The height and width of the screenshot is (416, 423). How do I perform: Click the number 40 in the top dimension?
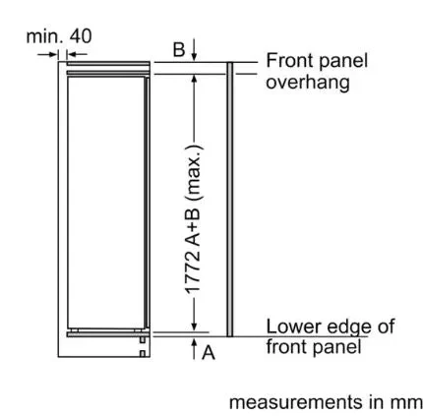(81, 36)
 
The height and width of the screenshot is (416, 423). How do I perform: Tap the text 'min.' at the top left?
(45, 36)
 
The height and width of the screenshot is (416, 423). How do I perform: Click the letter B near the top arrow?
(179, 50)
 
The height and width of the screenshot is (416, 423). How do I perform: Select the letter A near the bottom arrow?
(209, 353)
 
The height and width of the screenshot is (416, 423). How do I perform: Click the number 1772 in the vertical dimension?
(193, 271)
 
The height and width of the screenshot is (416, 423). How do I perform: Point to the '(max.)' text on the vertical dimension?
(194, 172)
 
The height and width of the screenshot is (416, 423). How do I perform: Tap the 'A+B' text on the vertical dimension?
(193, 226)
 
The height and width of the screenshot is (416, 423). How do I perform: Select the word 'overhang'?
(308, 83)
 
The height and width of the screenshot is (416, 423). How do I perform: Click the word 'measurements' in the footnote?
(297, 402)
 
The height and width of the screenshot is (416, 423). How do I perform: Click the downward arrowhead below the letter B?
(194, 57)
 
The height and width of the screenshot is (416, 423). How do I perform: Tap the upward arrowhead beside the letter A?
(194, 343)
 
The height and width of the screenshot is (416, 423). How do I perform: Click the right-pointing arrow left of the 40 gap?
(48, 54)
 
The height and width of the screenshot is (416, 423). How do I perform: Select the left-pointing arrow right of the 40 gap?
(77, 54)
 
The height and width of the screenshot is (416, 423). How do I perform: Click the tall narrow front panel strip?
(230, 199)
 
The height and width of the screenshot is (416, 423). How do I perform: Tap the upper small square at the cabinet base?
(143, 340)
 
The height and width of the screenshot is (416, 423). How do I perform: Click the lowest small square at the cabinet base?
(143, 354)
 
